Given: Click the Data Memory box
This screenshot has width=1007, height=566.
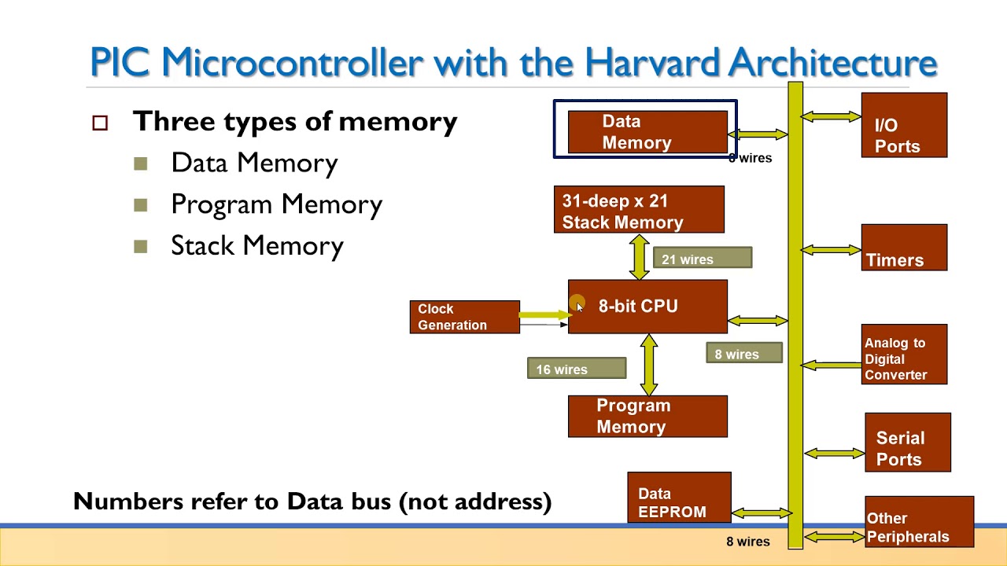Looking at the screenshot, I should [x=647, y=132].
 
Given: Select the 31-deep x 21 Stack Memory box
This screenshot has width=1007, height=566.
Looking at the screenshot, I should [x=638, y=210].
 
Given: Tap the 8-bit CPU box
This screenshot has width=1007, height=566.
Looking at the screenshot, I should [x=647, y=307].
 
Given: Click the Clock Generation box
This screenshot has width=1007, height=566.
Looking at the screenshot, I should [x=464, y=317].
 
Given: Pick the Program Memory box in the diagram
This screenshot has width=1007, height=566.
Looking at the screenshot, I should [x=647, y=417].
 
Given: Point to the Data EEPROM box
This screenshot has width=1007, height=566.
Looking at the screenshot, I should [x=678, y=498].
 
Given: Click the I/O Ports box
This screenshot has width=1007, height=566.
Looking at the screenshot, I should [x=903, y=126].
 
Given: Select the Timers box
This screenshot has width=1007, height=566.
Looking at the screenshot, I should [x=903, y=248].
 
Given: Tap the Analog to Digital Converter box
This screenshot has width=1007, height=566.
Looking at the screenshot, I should [x=903, y=355].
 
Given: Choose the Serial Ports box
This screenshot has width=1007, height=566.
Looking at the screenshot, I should [x=907, y=443].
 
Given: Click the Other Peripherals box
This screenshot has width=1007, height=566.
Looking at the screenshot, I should [x=918, y=522].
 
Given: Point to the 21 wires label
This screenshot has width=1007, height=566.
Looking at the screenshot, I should [x=702, y=259].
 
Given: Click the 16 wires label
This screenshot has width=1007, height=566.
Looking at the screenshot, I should [x=576, y=369].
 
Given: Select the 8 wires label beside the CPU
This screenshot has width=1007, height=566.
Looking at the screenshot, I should [x=743, y=354].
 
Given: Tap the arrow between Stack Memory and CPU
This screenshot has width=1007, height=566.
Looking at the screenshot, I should [x=640, y=256].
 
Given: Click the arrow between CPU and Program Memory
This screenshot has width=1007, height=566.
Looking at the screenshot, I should [x=649, y=365].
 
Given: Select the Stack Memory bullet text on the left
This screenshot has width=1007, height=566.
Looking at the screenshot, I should [x=256, y=246].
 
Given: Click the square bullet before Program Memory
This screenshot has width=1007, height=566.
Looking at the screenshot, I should [x=141, y=205].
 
